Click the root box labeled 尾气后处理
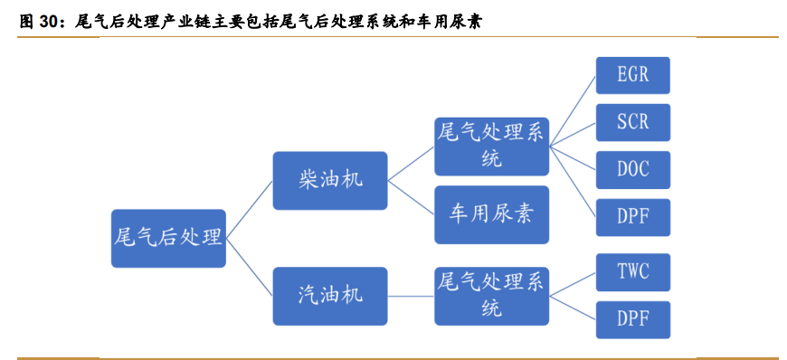pyautogui.click(x=168, y=239)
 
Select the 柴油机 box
pyautogui.click(x=329, y=180)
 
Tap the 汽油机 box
pyautogui.click(x=329, y=296)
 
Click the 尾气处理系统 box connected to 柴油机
pyautogui.click(x=491, y=145)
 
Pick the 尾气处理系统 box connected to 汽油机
pyautogui.click(x=491, y=296)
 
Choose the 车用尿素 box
pyautogui.click(x=491, y=214)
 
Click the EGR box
pyautogui.click(x=632, y=74)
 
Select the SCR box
pyautogui.click(x=632, y=121)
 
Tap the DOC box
pyautogui.click(x=632, y=169)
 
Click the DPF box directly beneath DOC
pyautogui.click(x=632, y=217)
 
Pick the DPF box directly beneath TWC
pyautogui.click(x=632, y=319)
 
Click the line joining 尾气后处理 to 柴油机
pyautogui.click(x=249, y=210)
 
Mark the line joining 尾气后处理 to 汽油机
pyautogui.click(x=249, y=268)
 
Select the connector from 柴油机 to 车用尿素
pyautogui.click(x=411, y=197)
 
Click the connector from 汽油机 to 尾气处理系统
pyautogui.click(x=411, y=296)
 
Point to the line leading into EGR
pyautogui.click(x=573, y=109)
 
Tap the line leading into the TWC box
pyautogui.click(x=573, y=284)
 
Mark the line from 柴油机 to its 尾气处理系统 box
pyautogui.click(x=411, y=163)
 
